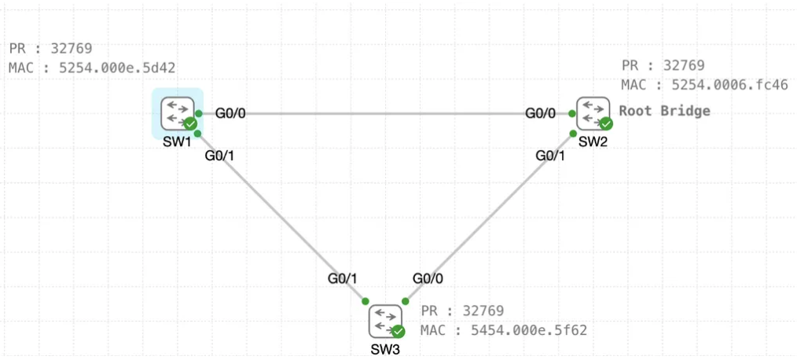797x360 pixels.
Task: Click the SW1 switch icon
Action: pyautogui.click(x=177, y=112)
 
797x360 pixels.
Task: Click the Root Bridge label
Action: pyautogui.click(x=664, y=111)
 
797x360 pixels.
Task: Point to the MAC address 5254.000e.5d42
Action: pyautogui.click(x=117, y=68)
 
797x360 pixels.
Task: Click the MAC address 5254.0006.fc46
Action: pyautogui.click(x=729, y=84)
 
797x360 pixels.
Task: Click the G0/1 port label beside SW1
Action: pyautogui.click(x=220, y=156)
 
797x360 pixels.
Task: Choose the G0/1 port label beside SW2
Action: pyautogui.click(x=550, y=156)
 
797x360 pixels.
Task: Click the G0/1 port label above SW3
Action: pyautogui.click(x=343, y=277)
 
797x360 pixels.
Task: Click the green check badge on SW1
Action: pyautogui.click(x=190, y=123)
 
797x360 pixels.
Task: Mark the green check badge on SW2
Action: pyautogui.click(x=605, y=123)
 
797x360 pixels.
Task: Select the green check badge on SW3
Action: pyautogui.click(x=398, y=331)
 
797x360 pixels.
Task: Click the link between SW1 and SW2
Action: pyautogui.click(x=385, y=113)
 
